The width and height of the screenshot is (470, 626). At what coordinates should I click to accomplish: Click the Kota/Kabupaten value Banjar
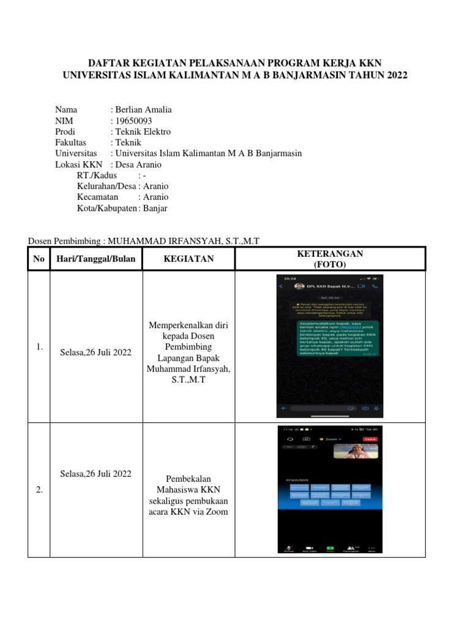point(155,208)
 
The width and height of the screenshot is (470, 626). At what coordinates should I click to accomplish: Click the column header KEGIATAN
point(188,259)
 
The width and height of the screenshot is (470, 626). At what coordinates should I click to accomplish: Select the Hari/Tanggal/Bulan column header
point(95,259)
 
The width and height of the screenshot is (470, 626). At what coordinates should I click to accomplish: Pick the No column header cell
point(39,259)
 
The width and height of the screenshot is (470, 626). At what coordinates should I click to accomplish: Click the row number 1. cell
point(39,347)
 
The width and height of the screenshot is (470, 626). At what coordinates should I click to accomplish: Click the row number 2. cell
point(39,490)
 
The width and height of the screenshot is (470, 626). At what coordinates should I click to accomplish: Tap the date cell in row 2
point(95,474)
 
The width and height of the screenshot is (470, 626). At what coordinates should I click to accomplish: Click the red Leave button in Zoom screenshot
point(370,439)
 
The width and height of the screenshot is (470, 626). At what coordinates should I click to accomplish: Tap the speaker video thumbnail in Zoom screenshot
point(356,452)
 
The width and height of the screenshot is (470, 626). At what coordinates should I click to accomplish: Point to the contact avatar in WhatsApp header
point(300,286)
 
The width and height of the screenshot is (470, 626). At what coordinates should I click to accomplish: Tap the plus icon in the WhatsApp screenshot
point(283,408)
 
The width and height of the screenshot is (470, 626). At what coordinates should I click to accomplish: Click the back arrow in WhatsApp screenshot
point(281,286)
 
